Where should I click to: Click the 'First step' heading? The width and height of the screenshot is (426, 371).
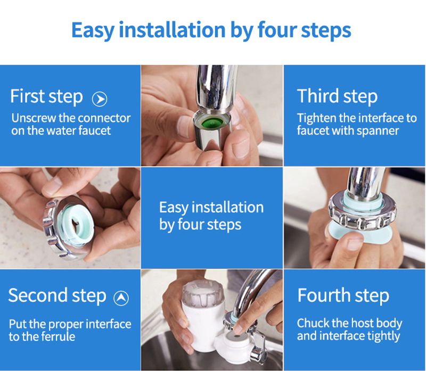tap(46, 97)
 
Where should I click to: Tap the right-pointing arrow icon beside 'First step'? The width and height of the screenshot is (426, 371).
tap(100, 99)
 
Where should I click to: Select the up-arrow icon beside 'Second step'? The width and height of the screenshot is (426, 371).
tap(121, 298)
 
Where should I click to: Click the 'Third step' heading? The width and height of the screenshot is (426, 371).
tap(337, 96)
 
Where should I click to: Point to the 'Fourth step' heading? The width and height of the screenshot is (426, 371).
tap(343, 295)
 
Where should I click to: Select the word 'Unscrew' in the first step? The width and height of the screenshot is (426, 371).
tap(34, 118)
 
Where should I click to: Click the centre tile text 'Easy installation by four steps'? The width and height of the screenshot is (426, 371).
tap(211, 216)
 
